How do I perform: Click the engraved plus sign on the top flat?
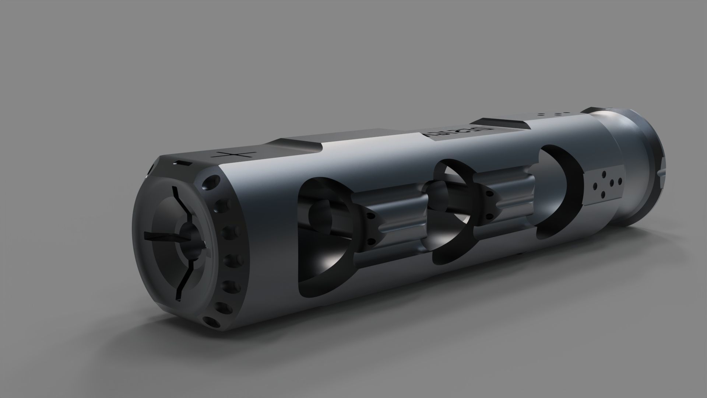[235, 155]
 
